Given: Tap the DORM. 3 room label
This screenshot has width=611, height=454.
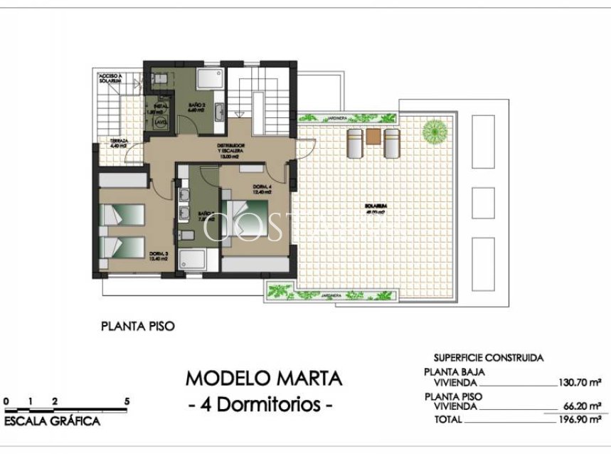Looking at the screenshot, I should pyautogui.click(x=158, y=256).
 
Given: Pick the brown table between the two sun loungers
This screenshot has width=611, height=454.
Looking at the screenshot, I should pyautogui.click(x=373, y=135).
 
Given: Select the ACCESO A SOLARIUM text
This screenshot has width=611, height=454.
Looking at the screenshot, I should pyautogui.click(x=112, y=78).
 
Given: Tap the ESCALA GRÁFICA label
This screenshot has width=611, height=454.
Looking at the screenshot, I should pyautogui.click(x=52, y=422).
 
